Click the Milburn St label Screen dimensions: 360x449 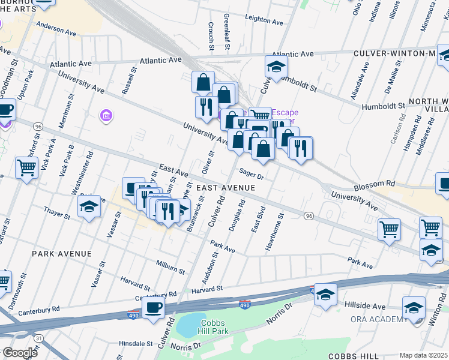(x=170, y=267)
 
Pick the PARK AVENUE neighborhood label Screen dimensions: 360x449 (x=62, y=254)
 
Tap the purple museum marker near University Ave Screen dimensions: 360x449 (x=106, y=115)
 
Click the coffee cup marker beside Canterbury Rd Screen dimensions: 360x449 (x=154, y=308)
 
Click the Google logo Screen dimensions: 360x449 (x=20, y=353)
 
